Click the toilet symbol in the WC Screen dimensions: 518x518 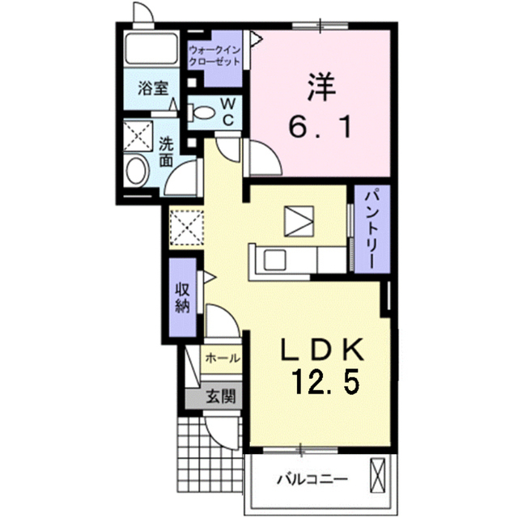[x=202, y=113]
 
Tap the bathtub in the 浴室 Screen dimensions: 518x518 [x=151, y=48]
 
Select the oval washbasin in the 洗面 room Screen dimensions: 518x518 [x=137, y=171]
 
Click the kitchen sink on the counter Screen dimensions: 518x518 [x=274, y=260]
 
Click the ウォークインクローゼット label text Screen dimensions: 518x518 [x=214, y=56]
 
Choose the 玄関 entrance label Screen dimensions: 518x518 [x=221, y=396]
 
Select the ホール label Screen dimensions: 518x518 [x=223, y=358]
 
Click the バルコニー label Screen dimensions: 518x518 [x=312, y=479]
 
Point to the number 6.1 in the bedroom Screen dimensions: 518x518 [x=321, y=127]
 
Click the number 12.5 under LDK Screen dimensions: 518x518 [x=325, y=382]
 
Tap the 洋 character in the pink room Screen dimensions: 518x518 [x=321, y=87]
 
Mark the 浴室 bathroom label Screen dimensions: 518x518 [x=153, y=88]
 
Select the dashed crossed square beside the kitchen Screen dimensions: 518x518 [x=186, y=228]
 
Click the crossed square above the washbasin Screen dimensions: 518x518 [x=138, y=136]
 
